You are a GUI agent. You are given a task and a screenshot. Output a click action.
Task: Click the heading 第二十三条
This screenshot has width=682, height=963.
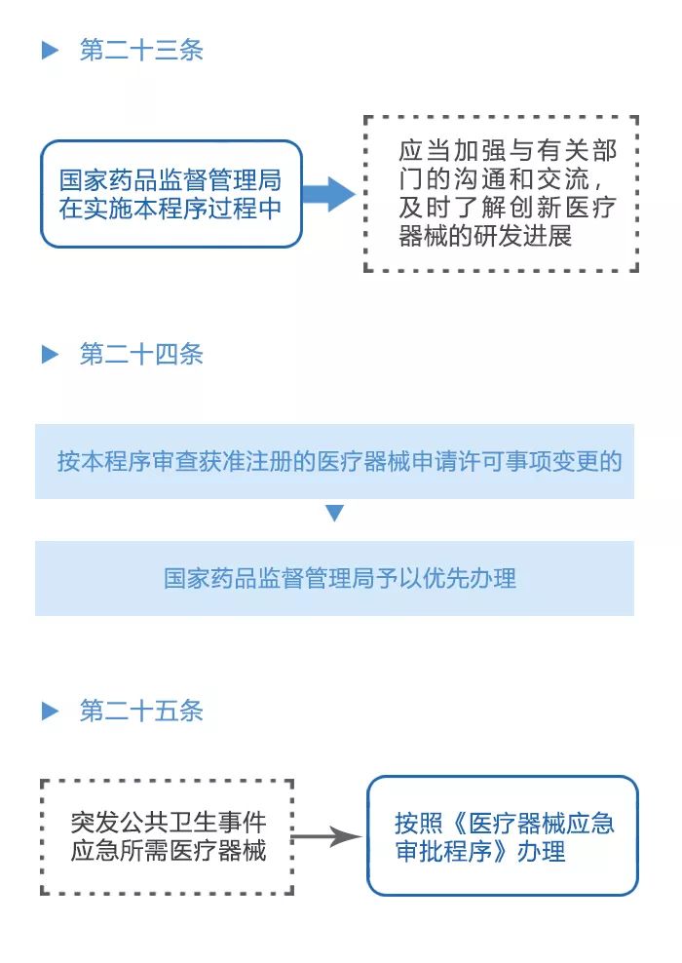pyautogui.click(x=141, y=51)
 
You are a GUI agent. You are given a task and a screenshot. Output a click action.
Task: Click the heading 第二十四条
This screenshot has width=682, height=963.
pyautogui.click(x=141, y=355)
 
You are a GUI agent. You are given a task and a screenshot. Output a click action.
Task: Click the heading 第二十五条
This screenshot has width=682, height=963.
pyautogui.click(x=141, y=712)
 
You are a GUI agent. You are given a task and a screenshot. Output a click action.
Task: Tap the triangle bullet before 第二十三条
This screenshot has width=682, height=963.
pyautogui.click(x=50, y=51)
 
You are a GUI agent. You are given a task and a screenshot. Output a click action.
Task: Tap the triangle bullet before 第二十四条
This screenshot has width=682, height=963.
pyautogui.click(x=50, y=355)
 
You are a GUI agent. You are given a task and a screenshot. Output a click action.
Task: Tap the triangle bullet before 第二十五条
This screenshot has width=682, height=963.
pyautogui.click(x=50, y=712)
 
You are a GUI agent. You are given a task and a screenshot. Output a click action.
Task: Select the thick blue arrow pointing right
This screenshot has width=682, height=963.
pyautogui.click(x=329, y=194)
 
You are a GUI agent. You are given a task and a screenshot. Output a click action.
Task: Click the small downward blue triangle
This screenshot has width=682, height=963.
pyautogui.click(x=334, y=513)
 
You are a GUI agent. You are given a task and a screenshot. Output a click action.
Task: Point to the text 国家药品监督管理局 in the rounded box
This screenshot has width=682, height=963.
pyautogui.click(x=170, y=180)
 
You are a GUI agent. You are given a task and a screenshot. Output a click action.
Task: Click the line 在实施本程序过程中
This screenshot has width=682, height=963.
pyautogui.click(x=170, y=209)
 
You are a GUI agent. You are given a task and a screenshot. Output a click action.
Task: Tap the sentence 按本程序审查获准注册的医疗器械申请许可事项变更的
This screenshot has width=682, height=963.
pyautogui.click(x=339, y=462)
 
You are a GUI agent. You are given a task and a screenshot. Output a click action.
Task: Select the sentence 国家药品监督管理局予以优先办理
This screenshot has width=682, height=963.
pyautogui.click(x=339, y=578)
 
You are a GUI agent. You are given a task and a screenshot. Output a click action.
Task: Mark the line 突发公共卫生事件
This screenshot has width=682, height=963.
pyautogui.click(x=169, y=822)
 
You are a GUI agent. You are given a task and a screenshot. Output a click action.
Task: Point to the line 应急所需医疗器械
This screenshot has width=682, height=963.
pyautogui.click(x=169, y=850)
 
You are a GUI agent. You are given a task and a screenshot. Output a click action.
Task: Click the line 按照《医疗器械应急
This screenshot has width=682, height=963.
pyautogui.click(x=504, y=823)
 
